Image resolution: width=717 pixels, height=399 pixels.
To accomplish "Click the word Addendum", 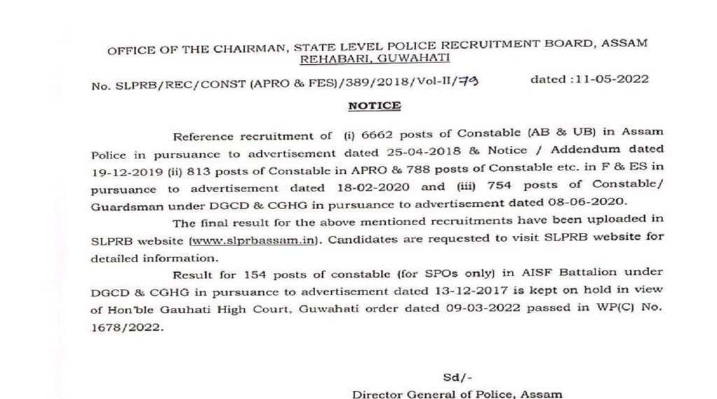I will click(578, 151).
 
